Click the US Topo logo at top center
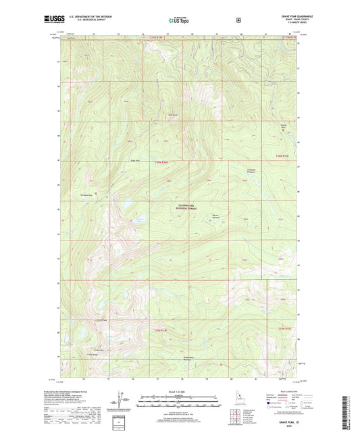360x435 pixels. pos(179,20)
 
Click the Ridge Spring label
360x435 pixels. pos(134,160)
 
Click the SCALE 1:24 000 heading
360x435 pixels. pos(180,392)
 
